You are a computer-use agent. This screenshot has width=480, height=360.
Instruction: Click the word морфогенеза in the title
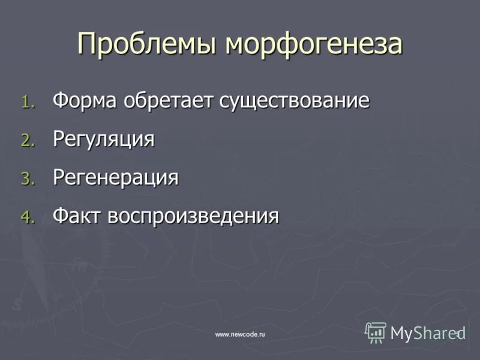tap(314, 44)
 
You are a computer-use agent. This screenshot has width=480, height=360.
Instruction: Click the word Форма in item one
tap(85, 100)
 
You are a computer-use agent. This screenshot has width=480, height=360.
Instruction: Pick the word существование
tap(294, 100)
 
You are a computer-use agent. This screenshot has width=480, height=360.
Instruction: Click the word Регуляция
tap(104, 139)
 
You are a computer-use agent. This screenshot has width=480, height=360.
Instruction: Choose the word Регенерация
tap(116, 178)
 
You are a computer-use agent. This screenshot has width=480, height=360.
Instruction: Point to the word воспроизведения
tap(193, 216)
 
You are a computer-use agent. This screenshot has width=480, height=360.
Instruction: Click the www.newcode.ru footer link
tap(240, 334)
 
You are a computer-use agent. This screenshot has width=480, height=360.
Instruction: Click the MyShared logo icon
tap(376, 332)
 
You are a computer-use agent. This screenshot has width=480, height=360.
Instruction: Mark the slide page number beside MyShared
tap(457, 333)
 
